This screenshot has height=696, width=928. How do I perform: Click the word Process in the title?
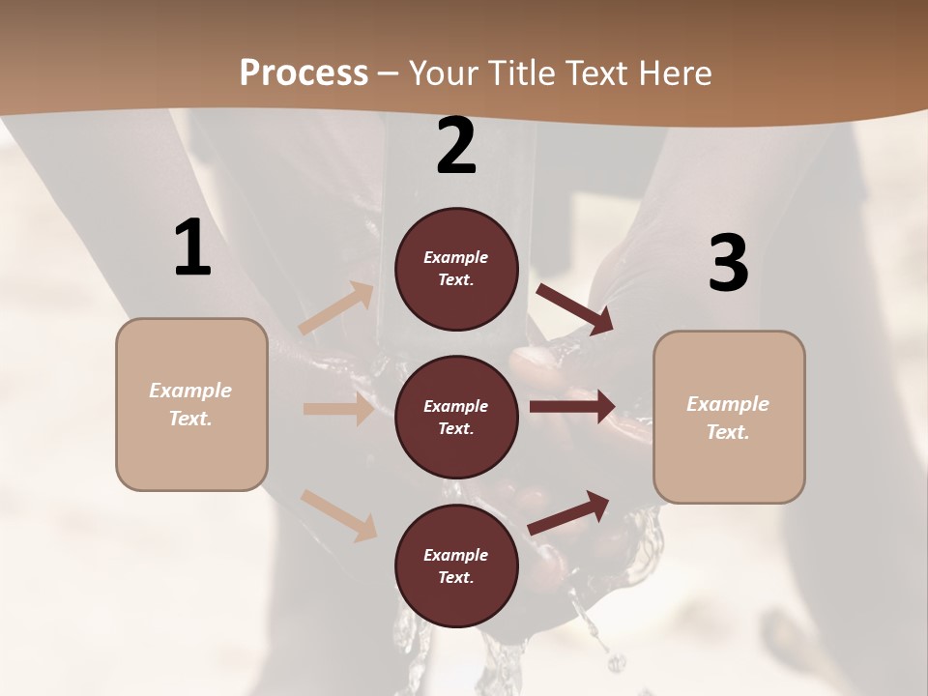[x=304, y=73]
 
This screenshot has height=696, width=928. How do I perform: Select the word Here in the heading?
[x=673, y=73]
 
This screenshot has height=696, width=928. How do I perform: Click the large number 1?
[x=192, y=248]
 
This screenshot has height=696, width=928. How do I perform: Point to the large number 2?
[x=456, y=147]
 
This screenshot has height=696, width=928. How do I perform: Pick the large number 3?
[x=728, y=264]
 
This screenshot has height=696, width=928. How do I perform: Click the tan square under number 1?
[x=191, y=404]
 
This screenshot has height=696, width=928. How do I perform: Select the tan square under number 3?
[x=729, y=417]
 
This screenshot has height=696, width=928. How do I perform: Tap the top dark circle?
[x=456, y=269]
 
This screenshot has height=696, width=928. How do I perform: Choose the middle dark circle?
[x=456, y=417]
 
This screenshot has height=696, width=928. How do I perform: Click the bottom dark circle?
[x=456, y=565]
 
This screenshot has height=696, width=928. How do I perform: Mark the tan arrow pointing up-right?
[x=336, y=308]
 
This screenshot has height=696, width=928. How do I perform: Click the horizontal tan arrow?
[x=337, y=409]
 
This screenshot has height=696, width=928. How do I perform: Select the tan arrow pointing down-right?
[x=338, y=515]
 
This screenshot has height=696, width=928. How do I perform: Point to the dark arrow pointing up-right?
[x=569, y=512]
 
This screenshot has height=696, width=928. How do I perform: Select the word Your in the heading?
[x=441, y=73]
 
